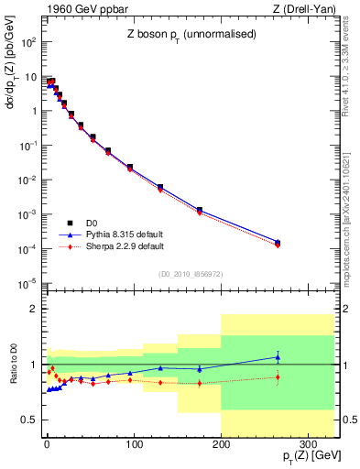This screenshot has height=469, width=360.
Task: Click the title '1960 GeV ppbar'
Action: coord(81,10)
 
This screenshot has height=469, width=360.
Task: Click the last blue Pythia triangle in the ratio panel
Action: coord(278,357)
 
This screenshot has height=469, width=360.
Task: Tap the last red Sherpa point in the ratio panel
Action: coord(278,377)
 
